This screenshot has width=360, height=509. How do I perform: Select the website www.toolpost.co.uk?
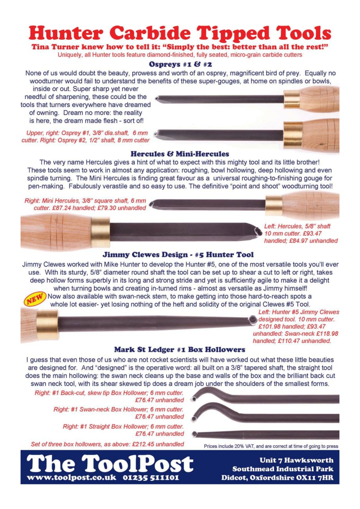(70, 477)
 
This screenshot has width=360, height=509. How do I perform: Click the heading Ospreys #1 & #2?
(179, 64)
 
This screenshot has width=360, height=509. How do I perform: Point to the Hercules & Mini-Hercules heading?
(179, 153)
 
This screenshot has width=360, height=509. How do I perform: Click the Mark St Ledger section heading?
(179, 350)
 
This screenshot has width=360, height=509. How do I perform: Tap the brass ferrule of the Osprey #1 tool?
(291, 99)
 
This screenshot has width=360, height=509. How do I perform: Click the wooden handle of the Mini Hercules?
(310, 206)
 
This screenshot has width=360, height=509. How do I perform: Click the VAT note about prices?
(271, 446)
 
